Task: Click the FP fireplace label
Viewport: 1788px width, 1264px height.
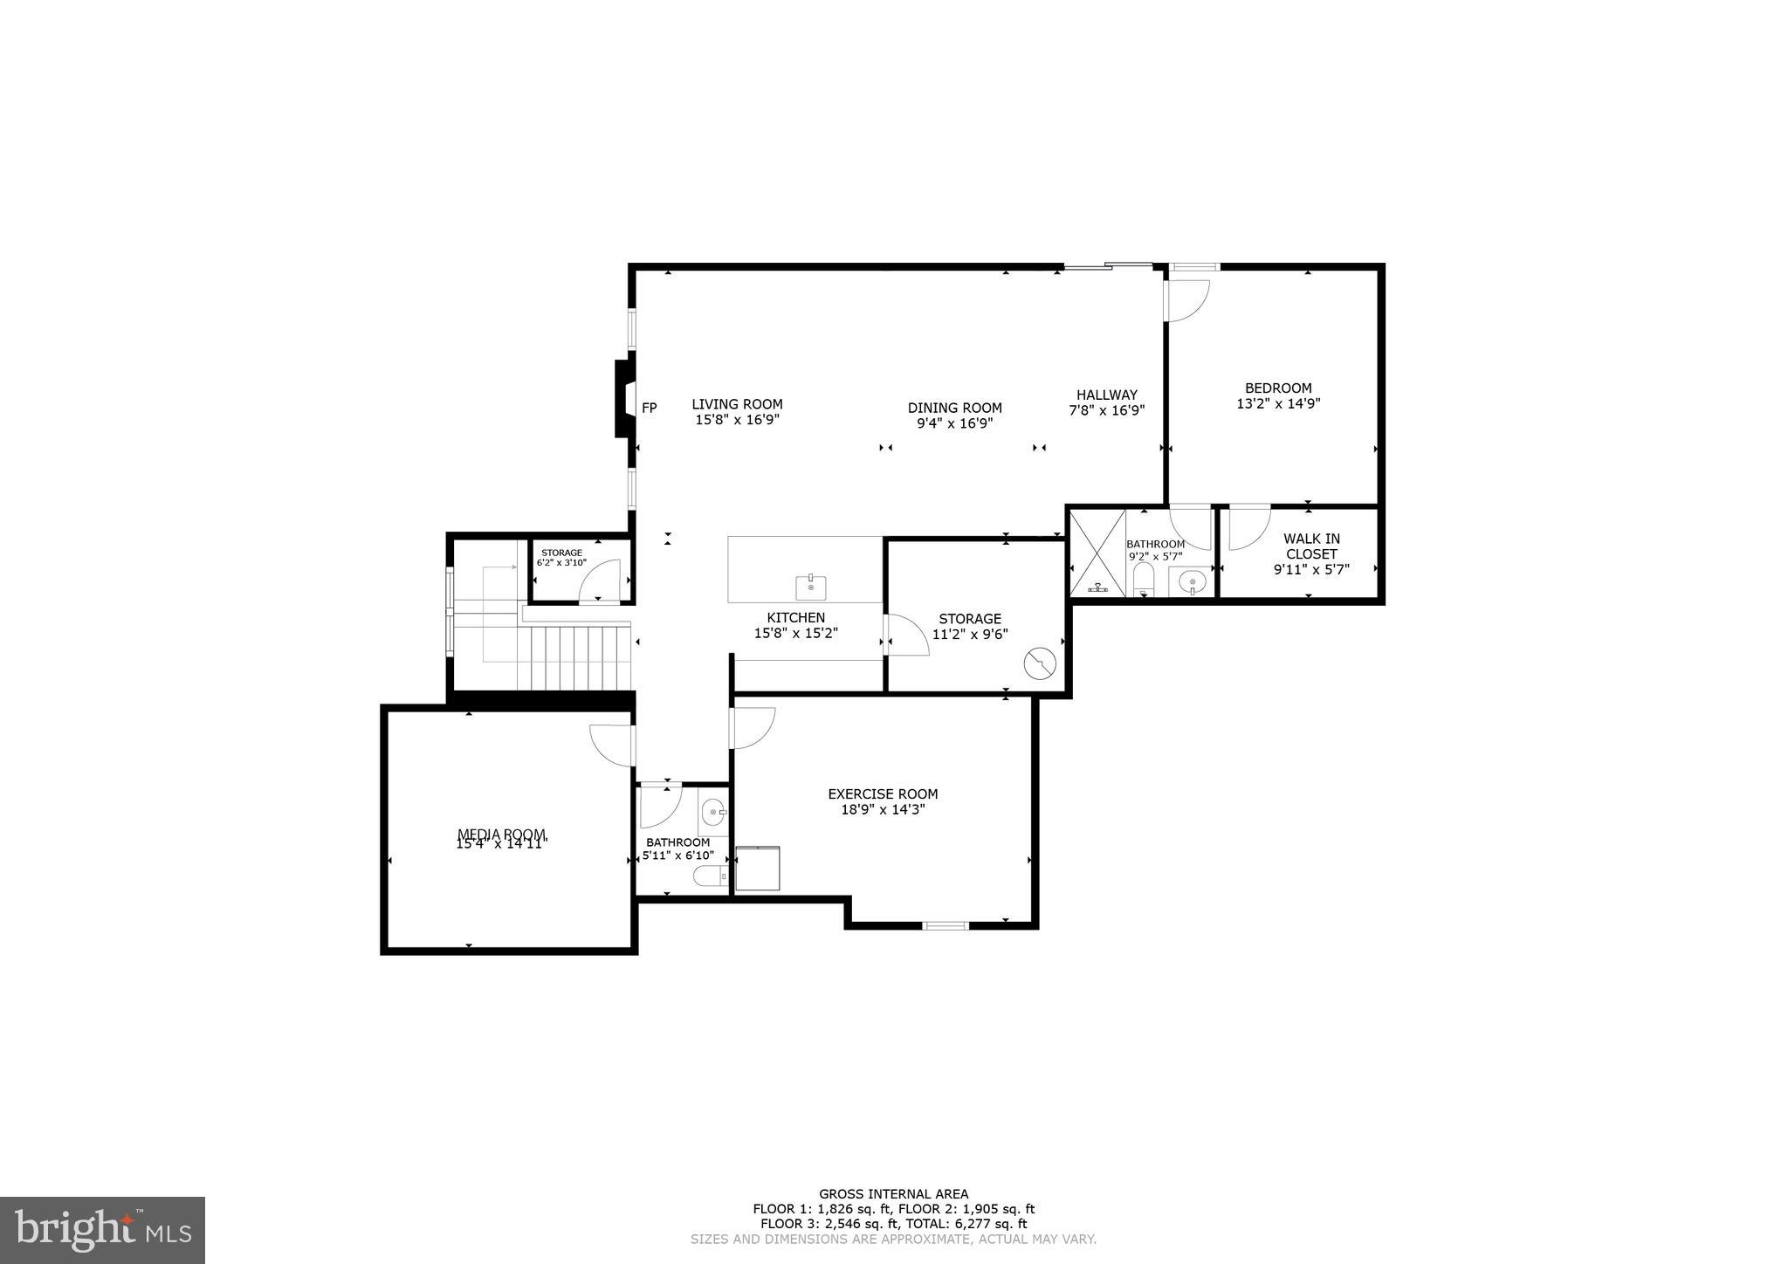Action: (x=649, y=408)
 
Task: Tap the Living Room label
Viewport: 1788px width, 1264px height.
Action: (x=737, y=404)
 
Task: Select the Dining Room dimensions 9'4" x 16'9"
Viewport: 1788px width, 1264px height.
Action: (x=954, y=423)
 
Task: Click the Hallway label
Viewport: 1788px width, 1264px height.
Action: (x=1106, y=395)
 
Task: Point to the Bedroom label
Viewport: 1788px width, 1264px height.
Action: (x=1278, y=388)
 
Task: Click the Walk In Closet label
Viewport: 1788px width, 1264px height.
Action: (x=1311, y=546)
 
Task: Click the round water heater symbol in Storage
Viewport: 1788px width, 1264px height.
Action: (x=1040, y=664)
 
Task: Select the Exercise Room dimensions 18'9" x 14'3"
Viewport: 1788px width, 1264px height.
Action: (x=883, y=810)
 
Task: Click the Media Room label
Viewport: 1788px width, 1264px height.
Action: (x=501, y=834)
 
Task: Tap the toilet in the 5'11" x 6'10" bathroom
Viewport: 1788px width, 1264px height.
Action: (x=707, y=876)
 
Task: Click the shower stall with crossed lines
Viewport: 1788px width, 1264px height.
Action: (x=1097, y=553)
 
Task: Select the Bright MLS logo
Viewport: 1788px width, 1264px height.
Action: (x=102, y=1230)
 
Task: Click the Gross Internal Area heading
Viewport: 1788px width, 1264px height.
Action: (x=893, y=1194)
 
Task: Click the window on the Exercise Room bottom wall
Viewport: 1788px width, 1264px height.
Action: (x=946, y=924)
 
